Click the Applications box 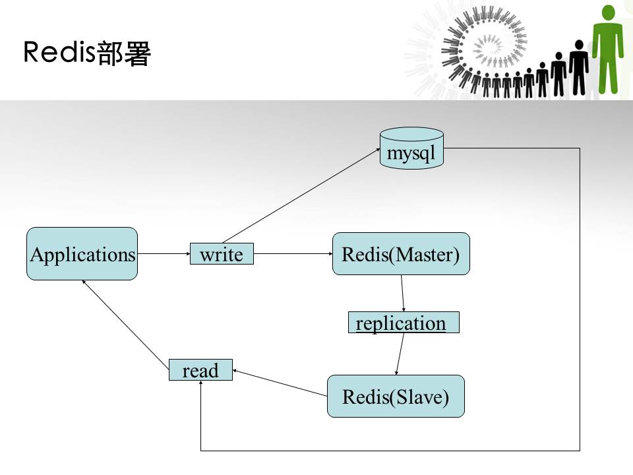point(82,254)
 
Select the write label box point(222,254)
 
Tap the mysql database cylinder point(412,148)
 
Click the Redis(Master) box point(401,254)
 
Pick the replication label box point(403,323)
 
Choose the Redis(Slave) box point(396,396)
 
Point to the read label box point(200,370)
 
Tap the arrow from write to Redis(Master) point(293,253)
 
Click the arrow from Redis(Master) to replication point(403,293)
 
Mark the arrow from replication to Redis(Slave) point(400,354)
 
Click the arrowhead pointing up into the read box point(200,385)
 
